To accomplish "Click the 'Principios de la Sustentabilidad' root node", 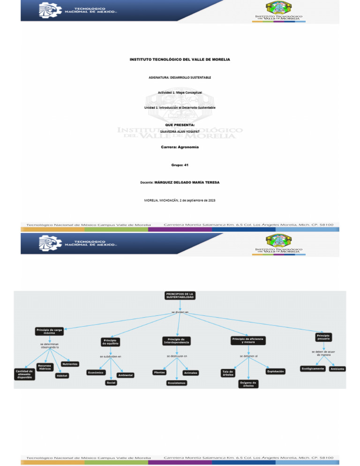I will click(180, 295).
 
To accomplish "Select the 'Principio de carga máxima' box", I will click(49, 331).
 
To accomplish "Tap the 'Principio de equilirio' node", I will click(111, 342).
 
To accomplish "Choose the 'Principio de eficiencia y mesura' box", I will click(247, 340).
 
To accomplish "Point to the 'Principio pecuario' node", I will click(323, 337).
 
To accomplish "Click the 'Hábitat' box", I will click(61, 376).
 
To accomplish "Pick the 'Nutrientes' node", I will click(70, 364).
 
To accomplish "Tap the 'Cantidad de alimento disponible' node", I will click(23, 374).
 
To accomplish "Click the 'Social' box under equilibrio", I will click(111, 383).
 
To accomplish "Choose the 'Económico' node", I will click(96, 372).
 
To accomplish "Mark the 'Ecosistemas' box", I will click(177, 383).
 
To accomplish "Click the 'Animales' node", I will click(190, 373).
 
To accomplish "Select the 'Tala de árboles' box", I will click(228, 373).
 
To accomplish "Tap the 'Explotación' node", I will click(275, 371).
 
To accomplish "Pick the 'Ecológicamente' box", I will click(313, 368).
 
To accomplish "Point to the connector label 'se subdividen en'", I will click(111, 356).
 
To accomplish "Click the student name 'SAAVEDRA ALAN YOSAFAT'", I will click(180, 132).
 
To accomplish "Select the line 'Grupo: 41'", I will click(180, 165).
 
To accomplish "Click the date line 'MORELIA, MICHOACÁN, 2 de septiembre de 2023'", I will click(180, 201).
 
